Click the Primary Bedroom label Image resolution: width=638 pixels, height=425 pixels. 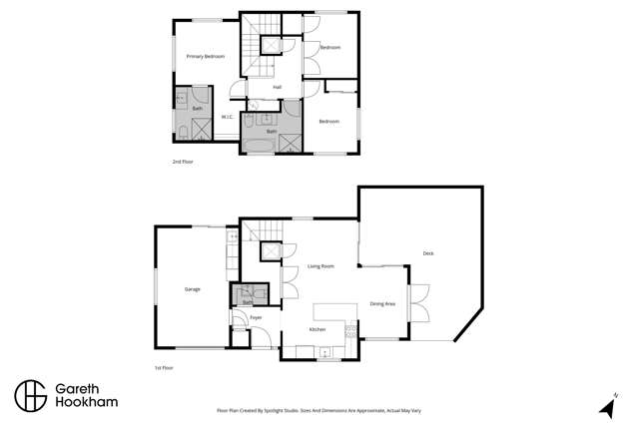[206, 56]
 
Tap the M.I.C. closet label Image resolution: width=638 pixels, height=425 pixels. [227, 117]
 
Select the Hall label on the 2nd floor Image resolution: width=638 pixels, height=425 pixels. [277, 87]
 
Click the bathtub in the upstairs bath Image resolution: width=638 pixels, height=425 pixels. [259, 145]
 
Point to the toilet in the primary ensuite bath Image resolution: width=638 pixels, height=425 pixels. [183, 131]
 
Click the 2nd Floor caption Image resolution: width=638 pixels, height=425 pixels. [182, 160]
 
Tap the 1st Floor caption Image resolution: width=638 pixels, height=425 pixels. [163, 368]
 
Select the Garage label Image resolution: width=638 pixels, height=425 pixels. [192, 289]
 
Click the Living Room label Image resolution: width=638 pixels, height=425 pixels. [319, 266]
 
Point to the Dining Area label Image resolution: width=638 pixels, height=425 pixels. [382, 303]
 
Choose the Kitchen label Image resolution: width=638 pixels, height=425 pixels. [318, 329]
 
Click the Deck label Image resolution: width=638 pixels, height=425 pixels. [428, 252]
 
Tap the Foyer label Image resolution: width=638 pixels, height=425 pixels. [256, 317]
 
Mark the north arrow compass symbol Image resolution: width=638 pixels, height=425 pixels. [605, 407]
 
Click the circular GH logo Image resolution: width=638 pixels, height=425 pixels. [31, 395]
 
